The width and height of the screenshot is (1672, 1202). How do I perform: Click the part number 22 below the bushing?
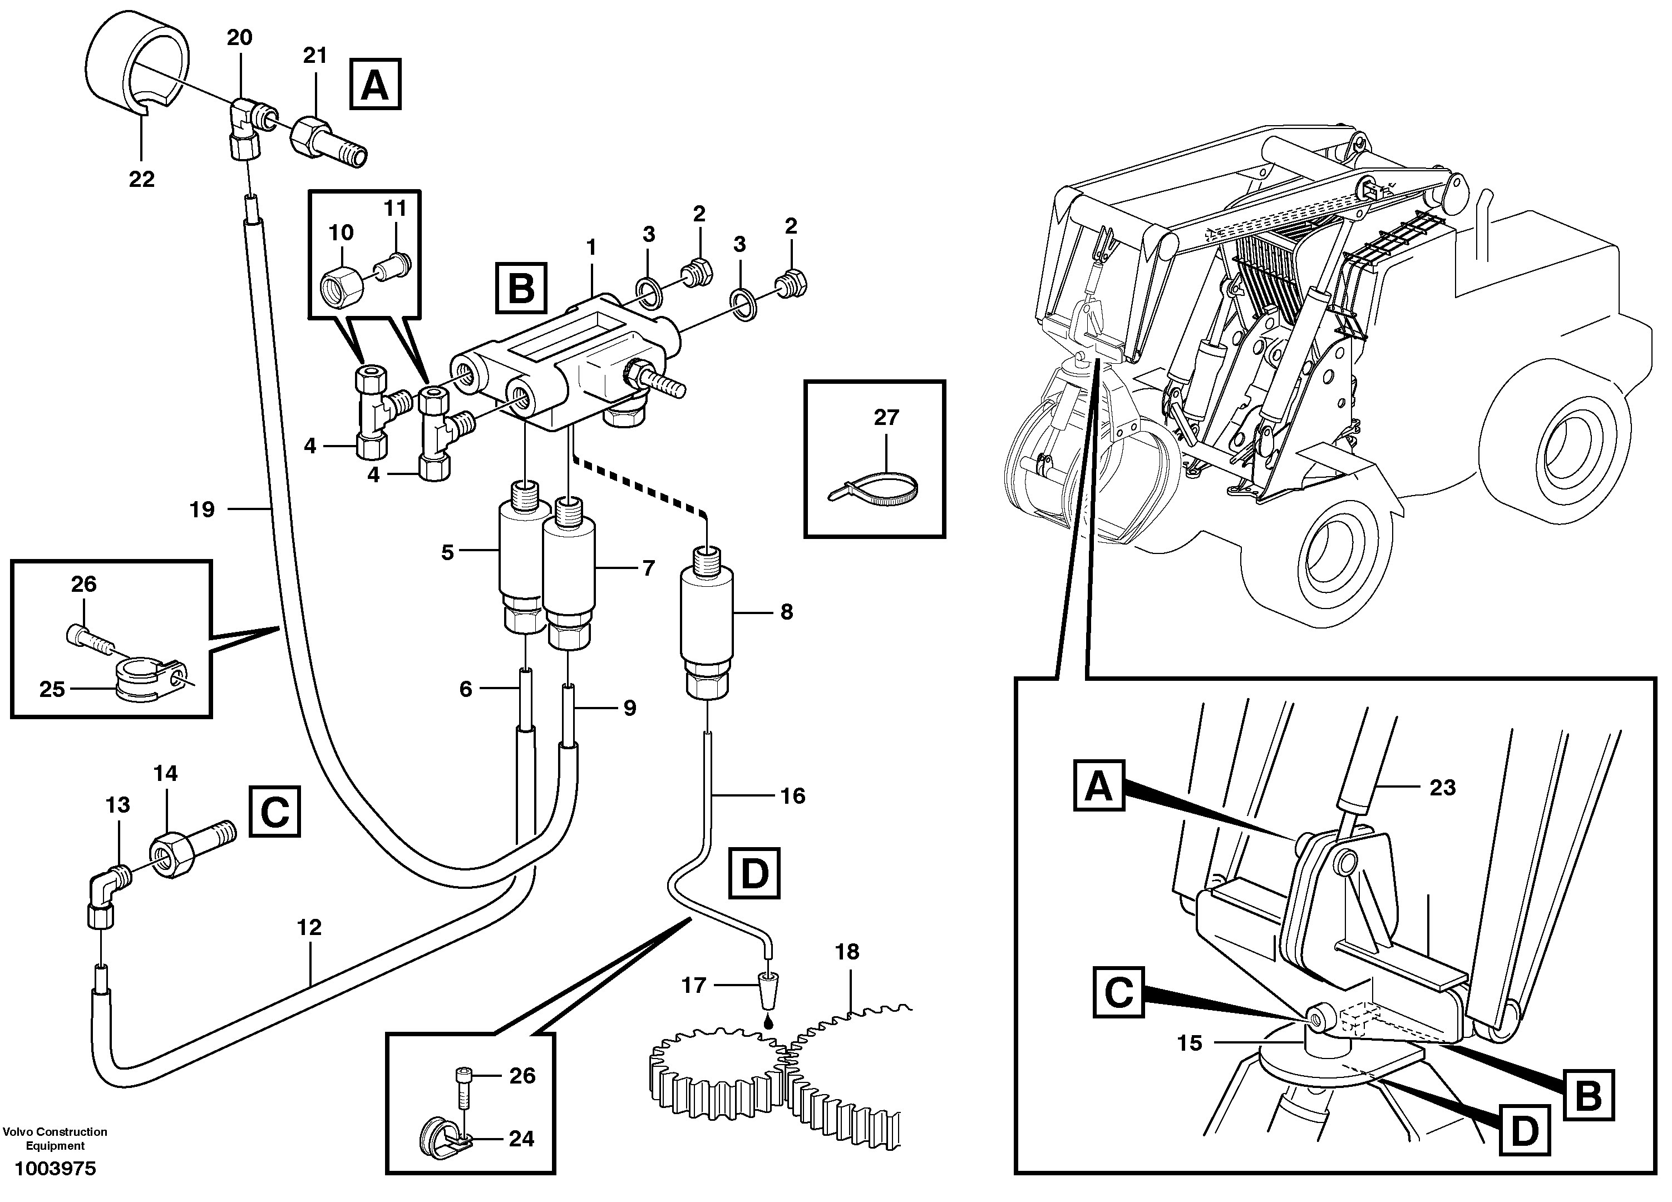(x=141, y=179)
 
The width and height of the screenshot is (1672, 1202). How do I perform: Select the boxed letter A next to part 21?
(x=375, y=86)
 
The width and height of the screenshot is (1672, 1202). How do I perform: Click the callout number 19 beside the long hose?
(x=202, y=510)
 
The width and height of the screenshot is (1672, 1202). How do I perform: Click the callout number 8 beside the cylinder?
(x=787, y=612)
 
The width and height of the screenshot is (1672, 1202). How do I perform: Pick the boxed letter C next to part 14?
(x=275, y=813)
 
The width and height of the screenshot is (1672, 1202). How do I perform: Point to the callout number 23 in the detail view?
(x=1442, y=788)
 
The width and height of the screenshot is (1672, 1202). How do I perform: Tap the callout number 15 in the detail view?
(x=1190, y=1043)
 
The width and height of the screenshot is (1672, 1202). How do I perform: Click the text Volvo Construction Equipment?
(x=55, y=1139)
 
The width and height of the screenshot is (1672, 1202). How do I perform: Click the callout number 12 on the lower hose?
(x=309, y=928)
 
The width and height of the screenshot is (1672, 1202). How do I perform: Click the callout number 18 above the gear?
(x=847, y=952)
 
